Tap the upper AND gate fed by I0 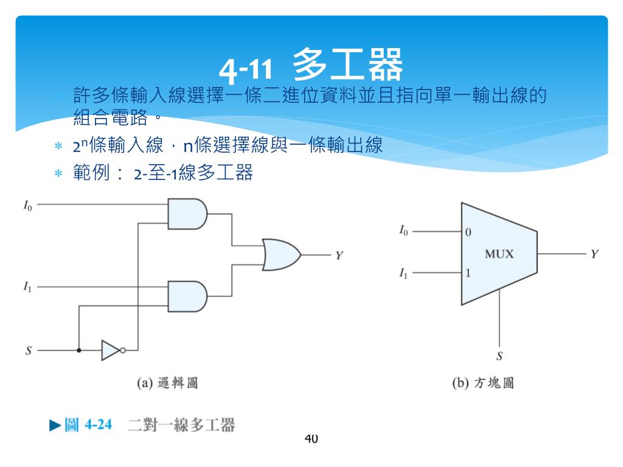pyautogui.click(x=186, y=213)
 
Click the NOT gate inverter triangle pyautogui.click(x=111, y=350)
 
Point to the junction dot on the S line pyautogui.click(x=78, y=350)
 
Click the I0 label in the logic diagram pyautogui.click(x=28, y=207)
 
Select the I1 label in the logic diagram pyautogui.click(x=28, y=286)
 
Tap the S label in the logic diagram pyautogui.click(x=28, y=351)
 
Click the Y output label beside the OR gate pyautogui.click(x=339, y=255)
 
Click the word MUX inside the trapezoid pyautogui.click(x=499, y=254)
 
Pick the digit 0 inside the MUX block pyautogui.click(x=468, y=232)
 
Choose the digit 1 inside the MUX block pyautogui.click(x=468, y=273)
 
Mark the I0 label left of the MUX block pyautogui.click(x=404, y=231)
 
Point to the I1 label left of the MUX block pyautogui.click(x=404, y=274)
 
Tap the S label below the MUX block pyautogui.click(x=499, y=355)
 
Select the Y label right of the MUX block pyautogui.click(x=594, y=254)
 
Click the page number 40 pyautogui.click(x=311, y=438)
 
